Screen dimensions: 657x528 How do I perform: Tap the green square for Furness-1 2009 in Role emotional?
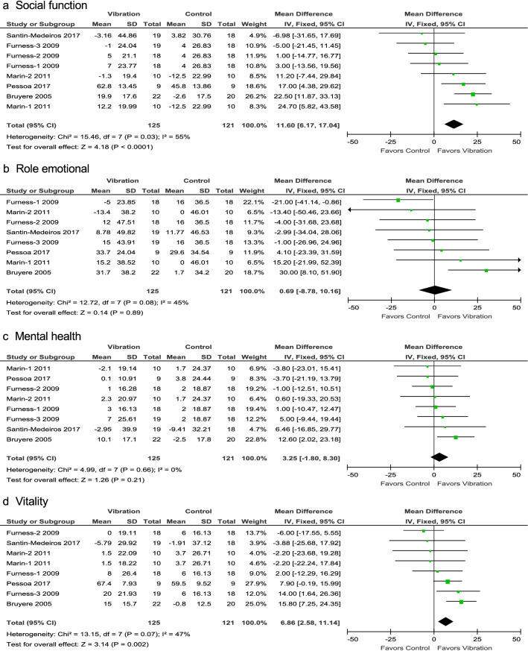coord(399,201)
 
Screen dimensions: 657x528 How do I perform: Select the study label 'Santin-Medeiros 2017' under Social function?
coord(39,34)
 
